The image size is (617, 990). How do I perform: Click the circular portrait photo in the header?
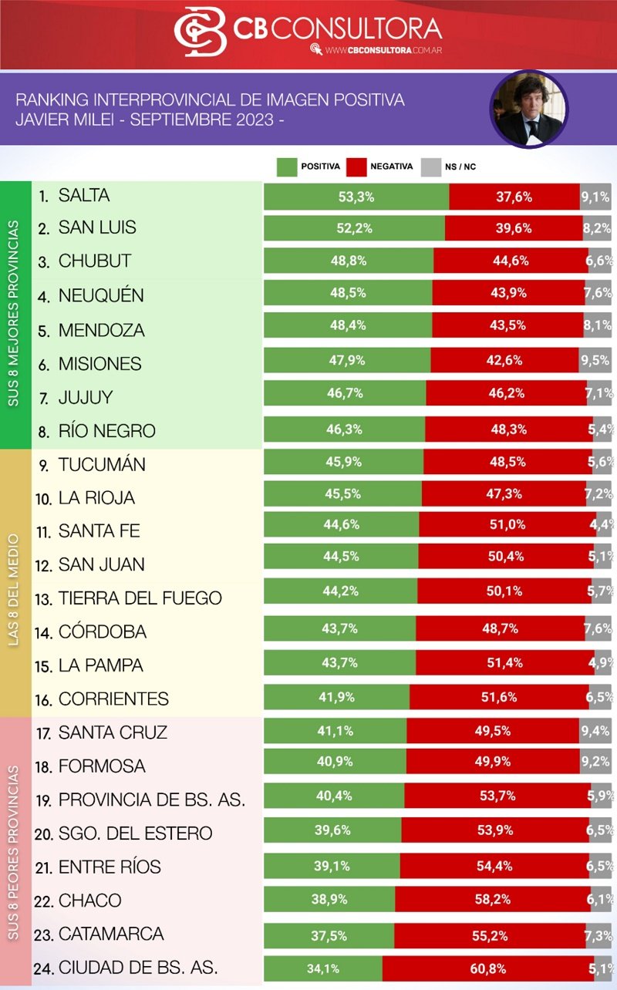pos(528,109)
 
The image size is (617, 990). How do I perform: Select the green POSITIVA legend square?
pos(286,167)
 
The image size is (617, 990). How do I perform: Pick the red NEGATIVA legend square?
pos(356,167)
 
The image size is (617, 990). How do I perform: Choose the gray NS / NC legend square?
pos(430,167)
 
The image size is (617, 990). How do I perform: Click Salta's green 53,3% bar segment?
pos(356,197)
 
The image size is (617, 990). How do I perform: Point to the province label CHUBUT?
pos(94,261)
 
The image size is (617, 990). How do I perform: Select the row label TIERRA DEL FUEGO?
pos(140,598)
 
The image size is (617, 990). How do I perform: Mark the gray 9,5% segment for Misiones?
pos(595,360)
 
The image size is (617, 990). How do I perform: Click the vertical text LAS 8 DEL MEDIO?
pos(14,583)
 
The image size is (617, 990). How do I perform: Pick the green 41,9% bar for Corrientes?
pos(337,697)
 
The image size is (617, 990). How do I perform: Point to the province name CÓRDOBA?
pos(102,631)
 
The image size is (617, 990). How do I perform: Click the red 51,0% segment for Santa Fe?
pos(507,524)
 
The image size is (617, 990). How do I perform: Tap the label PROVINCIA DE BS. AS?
pos(151,800)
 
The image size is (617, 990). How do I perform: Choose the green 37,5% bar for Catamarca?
pos(329,935)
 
